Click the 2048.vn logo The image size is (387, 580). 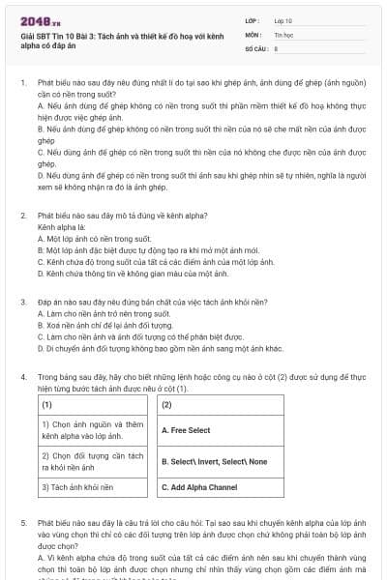pyautogui.click(x=36, y=20)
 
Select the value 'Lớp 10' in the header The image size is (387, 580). pyautogui.click(x=283, y=19)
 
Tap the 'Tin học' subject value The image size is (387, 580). pyautogui.click(x=283, y=33)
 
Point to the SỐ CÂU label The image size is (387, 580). pyautogui.click(x=254, y=46)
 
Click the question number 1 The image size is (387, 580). pyautogui.click(x=22, y=84)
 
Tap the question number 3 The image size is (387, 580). pyautogui.click(x=22, y=303)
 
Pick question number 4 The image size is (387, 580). pyautogui.click(x=22, y=374)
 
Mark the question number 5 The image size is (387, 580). pyautogui.click(x=22, y=522)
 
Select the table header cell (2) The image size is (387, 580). pyautogui.click(x=165, y=404)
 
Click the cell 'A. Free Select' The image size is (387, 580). pyautogui.click(x=186, y=430)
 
